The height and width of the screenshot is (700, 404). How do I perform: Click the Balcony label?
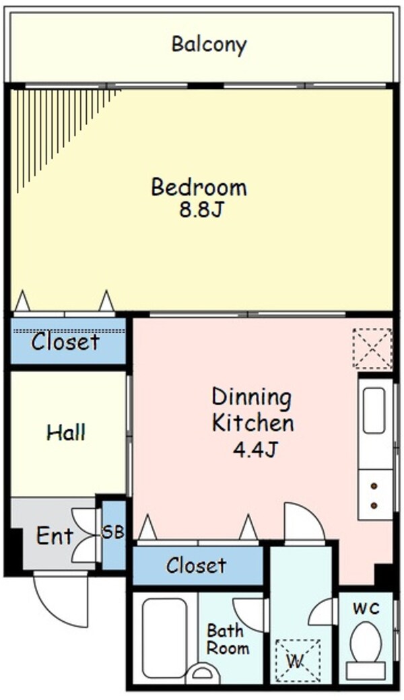pos(209,45)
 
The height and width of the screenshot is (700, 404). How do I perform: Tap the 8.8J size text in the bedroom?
pos(201,210)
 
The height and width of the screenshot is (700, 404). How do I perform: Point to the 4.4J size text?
pos(255,450)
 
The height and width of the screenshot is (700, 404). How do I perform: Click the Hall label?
pos(67,432)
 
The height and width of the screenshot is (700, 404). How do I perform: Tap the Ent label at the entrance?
pos(55,535)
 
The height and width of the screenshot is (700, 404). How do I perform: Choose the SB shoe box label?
pos(113,532)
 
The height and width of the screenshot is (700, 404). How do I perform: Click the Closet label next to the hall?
pos(65,342)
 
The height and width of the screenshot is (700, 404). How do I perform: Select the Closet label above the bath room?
pos(196,565)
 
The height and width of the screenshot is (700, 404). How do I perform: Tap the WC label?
pos(366,608)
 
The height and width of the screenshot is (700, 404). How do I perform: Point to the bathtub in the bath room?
pos(164,638)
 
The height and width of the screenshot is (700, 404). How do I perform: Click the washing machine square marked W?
pos(298,662)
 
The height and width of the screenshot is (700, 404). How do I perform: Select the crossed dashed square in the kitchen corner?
pos(372,349)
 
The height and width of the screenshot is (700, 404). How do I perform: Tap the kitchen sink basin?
pos(374,411)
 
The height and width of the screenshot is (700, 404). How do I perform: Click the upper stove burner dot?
pos(374,486)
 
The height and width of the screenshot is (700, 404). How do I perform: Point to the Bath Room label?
pos(228,639)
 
